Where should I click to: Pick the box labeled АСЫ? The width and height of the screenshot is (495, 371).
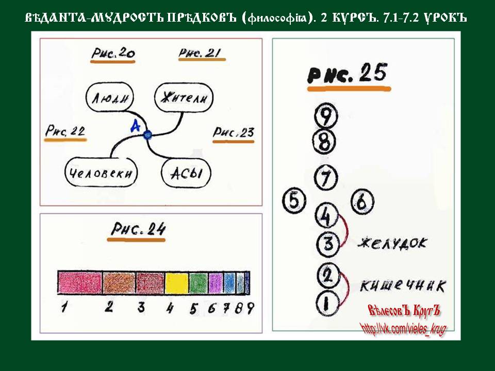(x=186, y=173)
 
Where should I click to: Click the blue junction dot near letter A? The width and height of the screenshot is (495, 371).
(x=147, y=135)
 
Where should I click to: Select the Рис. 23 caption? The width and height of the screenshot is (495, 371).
(x=233, y=132)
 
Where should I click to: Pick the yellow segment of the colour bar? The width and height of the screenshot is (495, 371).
(x=176, y=283)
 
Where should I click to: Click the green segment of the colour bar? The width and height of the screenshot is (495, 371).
(x=199, y=283)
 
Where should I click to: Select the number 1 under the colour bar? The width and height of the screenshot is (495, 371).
(x=64, y=307)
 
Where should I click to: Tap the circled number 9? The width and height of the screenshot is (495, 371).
(x=326, y=116)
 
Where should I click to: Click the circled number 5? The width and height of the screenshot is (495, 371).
(x=294, y=201)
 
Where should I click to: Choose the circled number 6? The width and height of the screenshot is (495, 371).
(x=362, y=201)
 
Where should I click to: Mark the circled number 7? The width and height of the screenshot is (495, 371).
(x=326, y=177)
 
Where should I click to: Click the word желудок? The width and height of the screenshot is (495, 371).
(x=392, y=243)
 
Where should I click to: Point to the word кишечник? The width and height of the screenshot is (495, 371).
(x=403, y=286)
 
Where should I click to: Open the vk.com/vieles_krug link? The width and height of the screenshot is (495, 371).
(x=403, y=329)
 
